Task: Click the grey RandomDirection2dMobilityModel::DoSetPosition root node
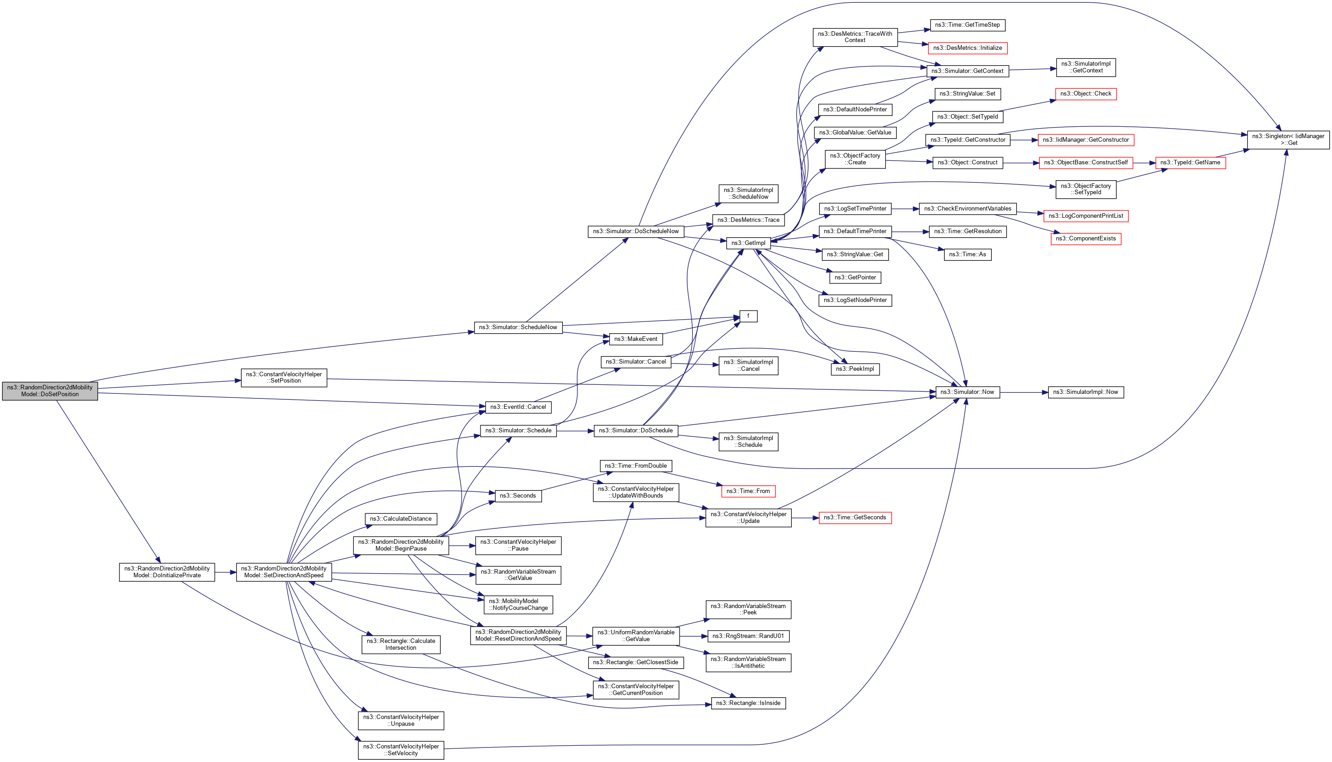pos(50,391)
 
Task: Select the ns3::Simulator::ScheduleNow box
pos(518,327)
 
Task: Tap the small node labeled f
pos(748,316)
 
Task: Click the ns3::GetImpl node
pos(748,243)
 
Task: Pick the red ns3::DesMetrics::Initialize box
pos(967,48)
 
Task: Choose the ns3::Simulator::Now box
pos(967,392)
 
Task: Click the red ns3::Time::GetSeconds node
pos(855,518)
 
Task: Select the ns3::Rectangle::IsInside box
pos(748,703)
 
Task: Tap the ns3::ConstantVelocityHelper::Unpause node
pos(400,721)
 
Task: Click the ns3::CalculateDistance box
pos(400,519)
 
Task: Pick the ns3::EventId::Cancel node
pos(518,407)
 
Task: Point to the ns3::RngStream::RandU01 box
pos(748,636)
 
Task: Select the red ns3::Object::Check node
pos(1086,94)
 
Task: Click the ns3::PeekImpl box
pos(855,369)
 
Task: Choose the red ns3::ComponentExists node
pos(1086,239)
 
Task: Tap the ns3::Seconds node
pos(518,496)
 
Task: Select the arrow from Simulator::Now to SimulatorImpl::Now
pos(1023,392)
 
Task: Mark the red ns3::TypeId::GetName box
pos(1190,163)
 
